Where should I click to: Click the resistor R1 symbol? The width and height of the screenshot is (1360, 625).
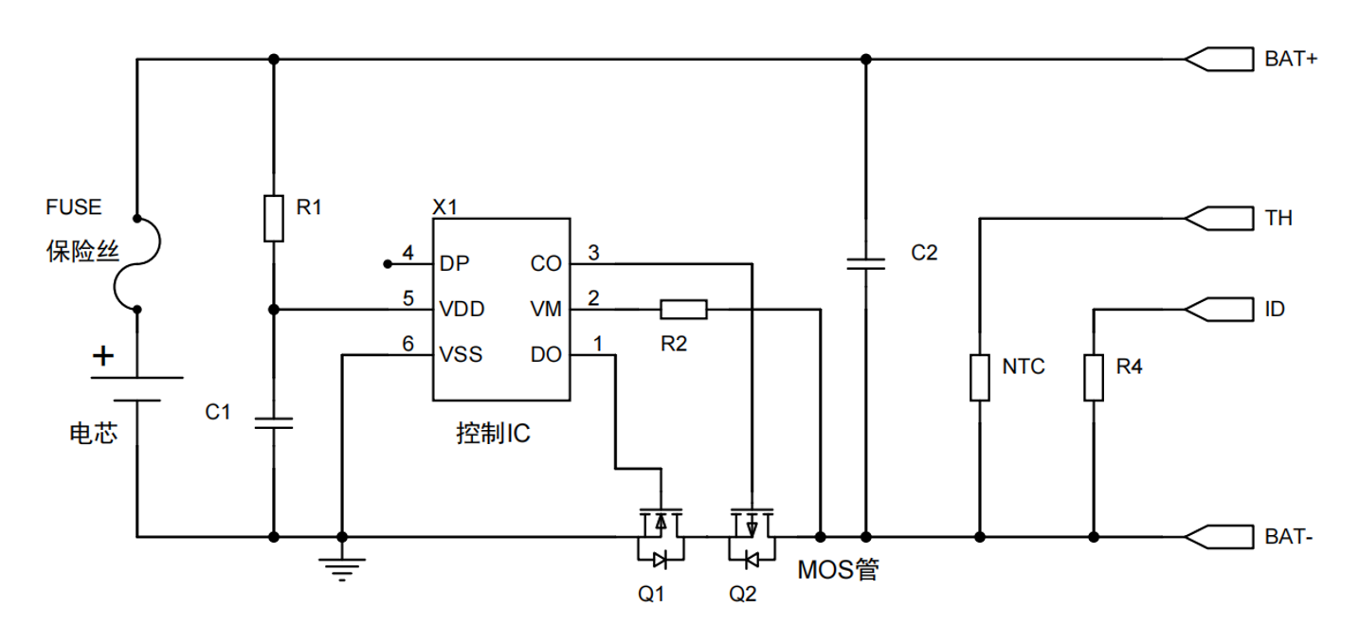click(x=273, y=218)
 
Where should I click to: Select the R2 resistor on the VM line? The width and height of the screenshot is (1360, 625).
click(x=683, y=309)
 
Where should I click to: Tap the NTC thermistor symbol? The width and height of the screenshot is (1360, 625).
click(x=980, y=377)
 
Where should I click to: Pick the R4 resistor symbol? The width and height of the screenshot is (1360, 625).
click(x=1094, y=377)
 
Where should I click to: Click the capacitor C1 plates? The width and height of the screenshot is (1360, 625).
click(x=273, y=422)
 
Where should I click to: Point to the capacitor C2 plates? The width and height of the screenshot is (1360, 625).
click(x=864, y=262)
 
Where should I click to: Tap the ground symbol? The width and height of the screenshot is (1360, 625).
click(x=342, y=568)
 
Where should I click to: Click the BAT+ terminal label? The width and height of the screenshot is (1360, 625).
click(x=1292, y=59)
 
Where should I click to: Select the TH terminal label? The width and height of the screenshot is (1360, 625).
click(x=1278, y=219)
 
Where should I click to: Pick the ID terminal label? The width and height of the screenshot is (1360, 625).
click(x=1275, y=309)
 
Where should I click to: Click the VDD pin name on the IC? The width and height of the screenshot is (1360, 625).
click(x=462, y=310)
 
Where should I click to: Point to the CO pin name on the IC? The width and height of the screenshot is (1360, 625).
click(x=546, y=264)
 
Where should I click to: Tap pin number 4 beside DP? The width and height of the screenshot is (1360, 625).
click(x=408, y=253)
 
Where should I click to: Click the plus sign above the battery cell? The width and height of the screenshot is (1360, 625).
click(x=103, y=357)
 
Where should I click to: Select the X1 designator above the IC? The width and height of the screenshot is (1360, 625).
click(x=444, y=207)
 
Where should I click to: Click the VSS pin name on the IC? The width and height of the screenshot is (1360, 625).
click(x=462, y=355)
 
